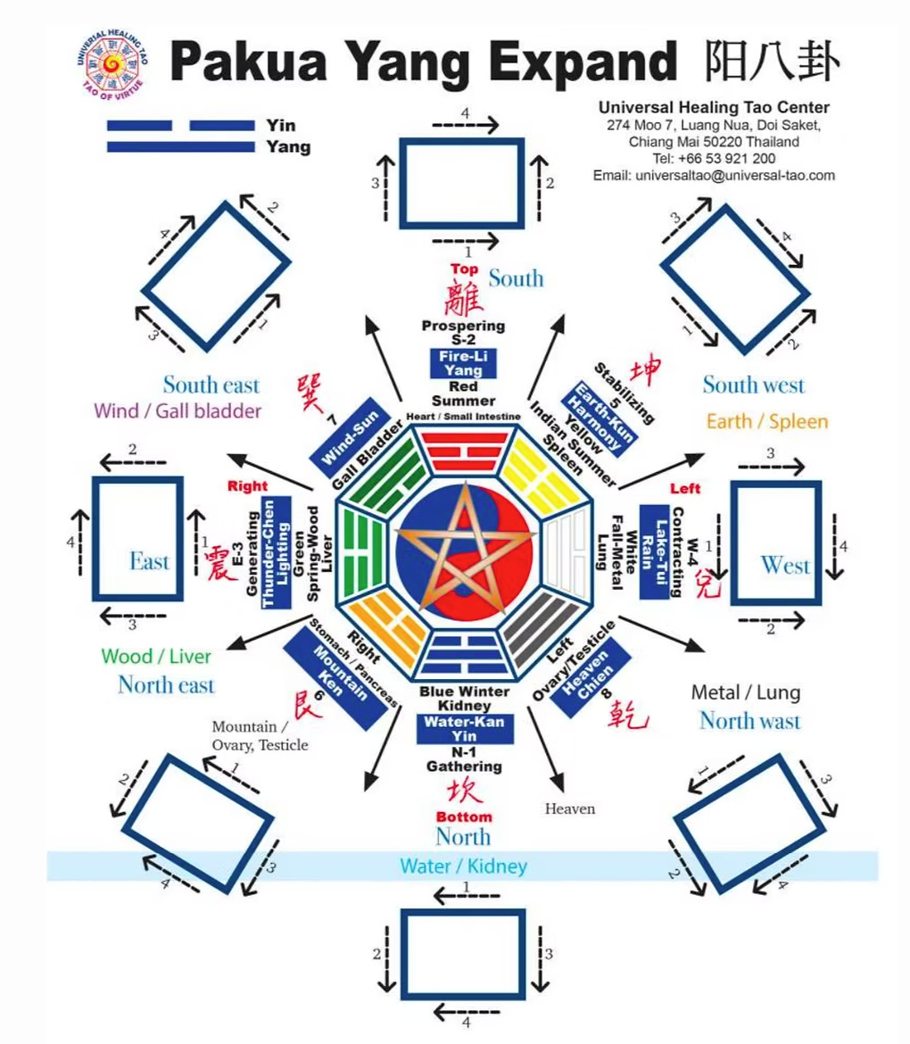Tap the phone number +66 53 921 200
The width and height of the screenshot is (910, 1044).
pyautogui.click(x=714, y=158)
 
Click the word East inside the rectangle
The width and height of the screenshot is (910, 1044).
pyautogui.click(x=149, y=561)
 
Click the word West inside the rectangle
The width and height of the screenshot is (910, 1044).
pyautogui.click(x=785, y=565)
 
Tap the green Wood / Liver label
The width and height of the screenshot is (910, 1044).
pyautogui.click(x=156, y=657)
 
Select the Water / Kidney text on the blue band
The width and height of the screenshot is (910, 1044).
pyautogui.click(x=463, y=866)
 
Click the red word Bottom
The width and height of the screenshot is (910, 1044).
pyautogui.click(x=463, y=816)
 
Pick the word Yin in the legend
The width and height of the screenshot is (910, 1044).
pyautogui.click(x=280, y=125)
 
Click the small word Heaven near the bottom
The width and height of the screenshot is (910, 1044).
pyautogui.click(x=570, y=808)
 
